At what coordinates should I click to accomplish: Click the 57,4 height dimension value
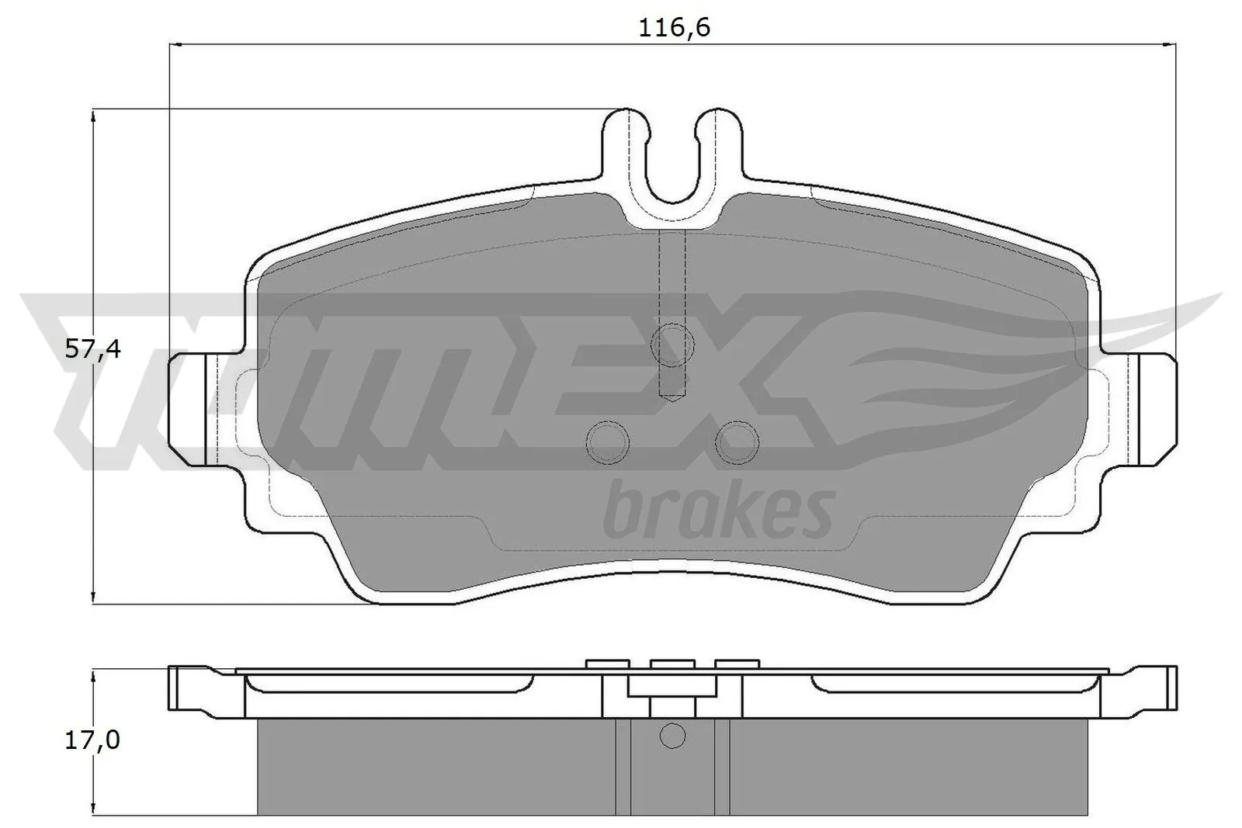click(x=92, y=350)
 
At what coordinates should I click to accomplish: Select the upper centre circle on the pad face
click(x=672, y=340)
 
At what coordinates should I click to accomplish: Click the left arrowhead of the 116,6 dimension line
click(x=174, y=45)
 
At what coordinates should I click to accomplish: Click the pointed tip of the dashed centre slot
click(x=672, y=399)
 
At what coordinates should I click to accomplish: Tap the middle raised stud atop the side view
click(x=672, y=663)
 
